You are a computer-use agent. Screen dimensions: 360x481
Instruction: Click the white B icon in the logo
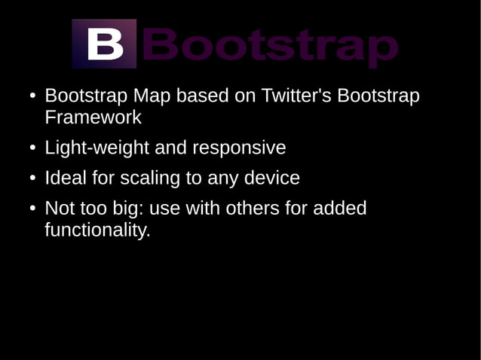105,44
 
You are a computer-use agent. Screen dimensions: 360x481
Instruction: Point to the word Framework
93,118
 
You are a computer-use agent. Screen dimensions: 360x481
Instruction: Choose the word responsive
239,148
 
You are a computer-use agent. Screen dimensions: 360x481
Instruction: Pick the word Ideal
66,178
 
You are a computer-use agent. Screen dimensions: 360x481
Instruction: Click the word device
272,178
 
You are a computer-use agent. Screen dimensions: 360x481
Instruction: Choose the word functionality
97,230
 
